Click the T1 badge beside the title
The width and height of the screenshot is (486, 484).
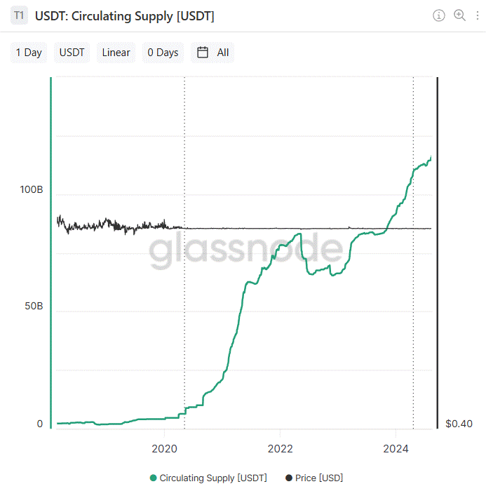pos(19,15)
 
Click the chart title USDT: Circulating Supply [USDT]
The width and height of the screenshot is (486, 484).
pos(125,15)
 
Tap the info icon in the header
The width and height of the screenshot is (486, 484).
pos(439,15)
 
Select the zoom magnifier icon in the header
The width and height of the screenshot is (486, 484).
pos(460,15)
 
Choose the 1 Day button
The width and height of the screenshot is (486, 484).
pos(29,53)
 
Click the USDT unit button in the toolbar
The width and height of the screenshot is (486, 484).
pos(72,53)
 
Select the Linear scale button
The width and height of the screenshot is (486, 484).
pos(116,53)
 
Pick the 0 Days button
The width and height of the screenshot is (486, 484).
pos(163,53)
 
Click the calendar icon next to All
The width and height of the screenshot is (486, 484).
pos(203,53)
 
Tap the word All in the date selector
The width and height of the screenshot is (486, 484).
pos(223,53)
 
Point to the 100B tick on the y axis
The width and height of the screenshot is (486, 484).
pos(31,190)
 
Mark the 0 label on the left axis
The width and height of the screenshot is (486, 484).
pos(39,424)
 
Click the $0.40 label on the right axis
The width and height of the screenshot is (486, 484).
pos(459,424)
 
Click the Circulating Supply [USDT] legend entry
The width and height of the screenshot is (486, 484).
pos(208,478)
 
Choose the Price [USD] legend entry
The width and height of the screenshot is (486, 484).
pos(314,478)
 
